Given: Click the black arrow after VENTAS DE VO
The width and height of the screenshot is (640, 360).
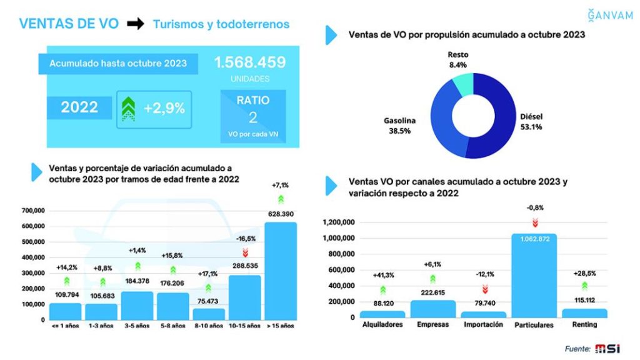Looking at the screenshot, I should pyautogui.click(x=135, y=24).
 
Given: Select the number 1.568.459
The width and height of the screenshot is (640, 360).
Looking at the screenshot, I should pyautogui.click(x=250, y=63).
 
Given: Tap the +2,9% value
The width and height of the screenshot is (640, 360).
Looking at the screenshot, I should pyautogui.click(x=164, y=108).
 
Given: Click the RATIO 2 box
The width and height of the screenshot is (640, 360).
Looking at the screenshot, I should pyautogui.click(x=252, y=115).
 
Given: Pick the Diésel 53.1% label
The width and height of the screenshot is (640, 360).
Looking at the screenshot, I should pyautogui.click(x=531, y=122).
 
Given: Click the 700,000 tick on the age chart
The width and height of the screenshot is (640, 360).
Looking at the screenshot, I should pyautogui.click(x=34, y=211).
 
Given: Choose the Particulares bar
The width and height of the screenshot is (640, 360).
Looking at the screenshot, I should pyautogui.click(x=533, y=276).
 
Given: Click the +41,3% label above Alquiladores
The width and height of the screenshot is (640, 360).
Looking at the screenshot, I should pyautogui.click(x=382, y=274).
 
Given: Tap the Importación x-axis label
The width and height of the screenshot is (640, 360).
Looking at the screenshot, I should pyautogui.click(x=482, y=324).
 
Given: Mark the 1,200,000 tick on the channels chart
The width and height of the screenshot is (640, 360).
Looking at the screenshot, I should pyautogui.click(x=338, y=222).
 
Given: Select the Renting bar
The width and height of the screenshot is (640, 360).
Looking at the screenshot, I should pyautogui.click(x=584, y=313).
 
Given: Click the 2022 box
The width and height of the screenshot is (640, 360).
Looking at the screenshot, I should pyautogui.click(x=79, y=107).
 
